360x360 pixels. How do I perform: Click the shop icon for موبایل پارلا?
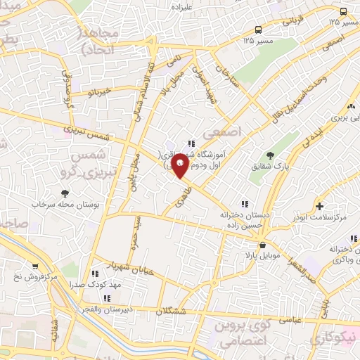263,245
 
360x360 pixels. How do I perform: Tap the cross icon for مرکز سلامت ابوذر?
319,206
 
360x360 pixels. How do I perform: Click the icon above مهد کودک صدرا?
94,274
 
